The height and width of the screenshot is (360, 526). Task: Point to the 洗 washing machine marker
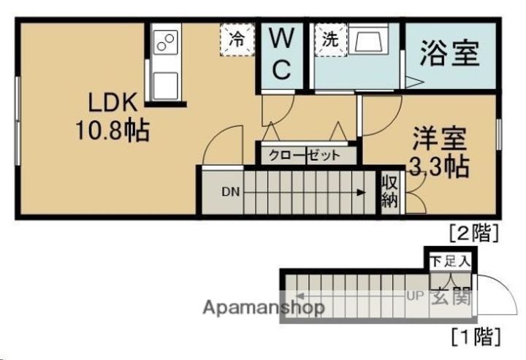330,39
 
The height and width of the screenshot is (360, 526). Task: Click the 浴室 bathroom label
450,53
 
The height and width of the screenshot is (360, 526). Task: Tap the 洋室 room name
438,139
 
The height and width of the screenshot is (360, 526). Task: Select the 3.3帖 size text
438,167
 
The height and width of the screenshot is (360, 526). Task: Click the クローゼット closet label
305,155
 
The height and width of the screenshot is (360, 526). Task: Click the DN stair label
230,193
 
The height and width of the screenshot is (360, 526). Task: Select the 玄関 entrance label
450,296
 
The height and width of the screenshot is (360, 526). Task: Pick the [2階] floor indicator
474,233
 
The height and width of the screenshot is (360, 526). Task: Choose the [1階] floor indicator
474,337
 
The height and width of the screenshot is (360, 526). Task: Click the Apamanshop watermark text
264,307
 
